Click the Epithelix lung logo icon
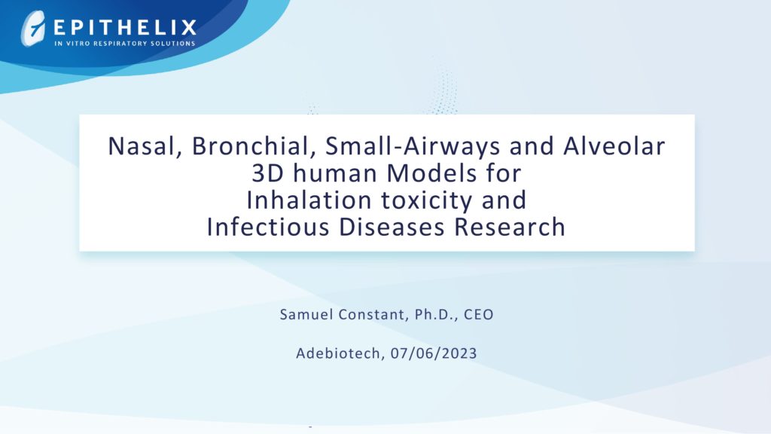point(32,29)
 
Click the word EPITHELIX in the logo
point(125,28)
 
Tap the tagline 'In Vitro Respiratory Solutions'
point(125,43)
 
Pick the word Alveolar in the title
point(614,146)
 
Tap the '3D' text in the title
point(268,173)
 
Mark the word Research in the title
point(510,227)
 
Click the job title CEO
point(478,314)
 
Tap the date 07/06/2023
point(434,354)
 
